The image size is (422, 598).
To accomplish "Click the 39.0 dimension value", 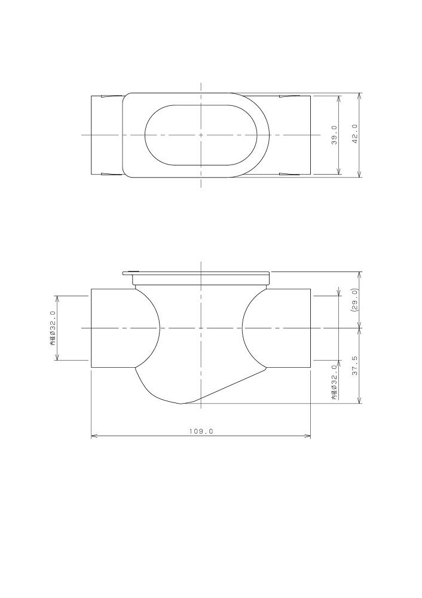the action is point(334,135).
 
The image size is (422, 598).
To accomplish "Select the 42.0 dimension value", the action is point(355,134).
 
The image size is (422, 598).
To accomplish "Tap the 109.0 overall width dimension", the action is point(201,431).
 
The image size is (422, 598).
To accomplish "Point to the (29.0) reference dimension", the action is point(355,300).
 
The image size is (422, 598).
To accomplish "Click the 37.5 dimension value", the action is point(355,366).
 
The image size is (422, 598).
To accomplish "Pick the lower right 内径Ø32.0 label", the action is point(334,382).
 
